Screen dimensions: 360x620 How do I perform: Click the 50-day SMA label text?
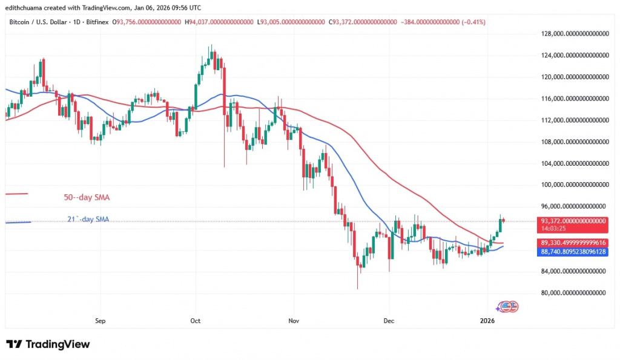[87, 197]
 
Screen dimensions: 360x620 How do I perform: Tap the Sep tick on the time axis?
[101, 321]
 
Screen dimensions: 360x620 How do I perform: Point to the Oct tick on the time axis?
[195, 321]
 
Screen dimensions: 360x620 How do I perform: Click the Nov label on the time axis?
[294, 321]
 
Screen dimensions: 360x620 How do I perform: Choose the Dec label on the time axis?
[389, 321]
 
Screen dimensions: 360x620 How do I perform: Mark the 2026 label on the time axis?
[487, 321]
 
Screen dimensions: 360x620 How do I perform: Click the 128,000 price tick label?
[573, 34]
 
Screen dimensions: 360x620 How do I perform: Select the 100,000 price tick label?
[573, 185]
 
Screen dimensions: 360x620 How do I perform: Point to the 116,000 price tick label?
[573, 99]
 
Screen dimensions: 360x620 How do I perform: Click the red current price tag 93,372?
[573, 221]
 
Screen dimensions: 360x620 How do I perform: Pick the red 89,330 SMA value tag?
[573, 242]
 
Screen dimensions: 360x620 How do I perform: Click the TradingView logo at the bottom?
[48, 344]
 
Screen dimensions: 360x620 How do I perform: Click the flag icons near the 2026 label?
[508, 307]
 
